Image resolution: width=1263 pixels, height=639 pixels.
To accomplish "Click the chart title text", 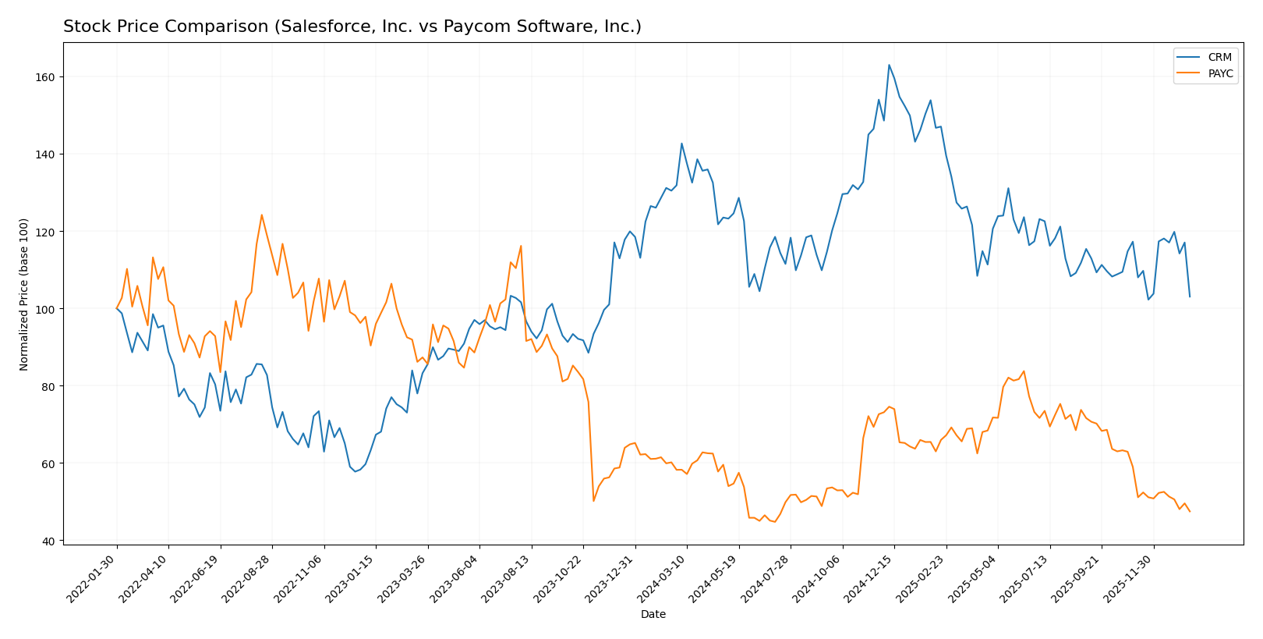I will point(352,27).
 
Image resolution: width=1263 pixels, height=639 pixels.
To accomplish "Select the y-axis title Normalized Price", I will point(23,294).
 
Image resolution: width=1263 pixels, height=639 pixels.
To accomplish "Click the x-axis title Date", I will point(653,615).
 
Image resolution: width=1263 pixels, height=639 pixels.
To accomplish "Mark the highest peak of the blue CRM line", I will point(889,65).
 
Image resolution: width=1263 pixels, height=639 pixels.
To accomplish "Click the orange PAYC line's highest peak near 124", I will point(261,215).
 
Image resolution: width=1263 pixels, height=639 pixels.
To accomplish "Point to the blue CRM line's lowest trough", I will point(355,471).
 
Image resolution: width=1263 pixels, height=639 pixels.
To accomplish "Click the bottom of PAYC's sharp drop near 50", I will point(593,501).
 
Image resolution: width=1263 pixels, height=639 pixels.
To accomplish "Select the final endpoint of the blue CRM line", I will point(1190,296).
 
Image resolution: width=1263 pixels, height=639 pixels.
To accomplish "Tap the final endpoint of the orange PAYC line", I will point(1190,511).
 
